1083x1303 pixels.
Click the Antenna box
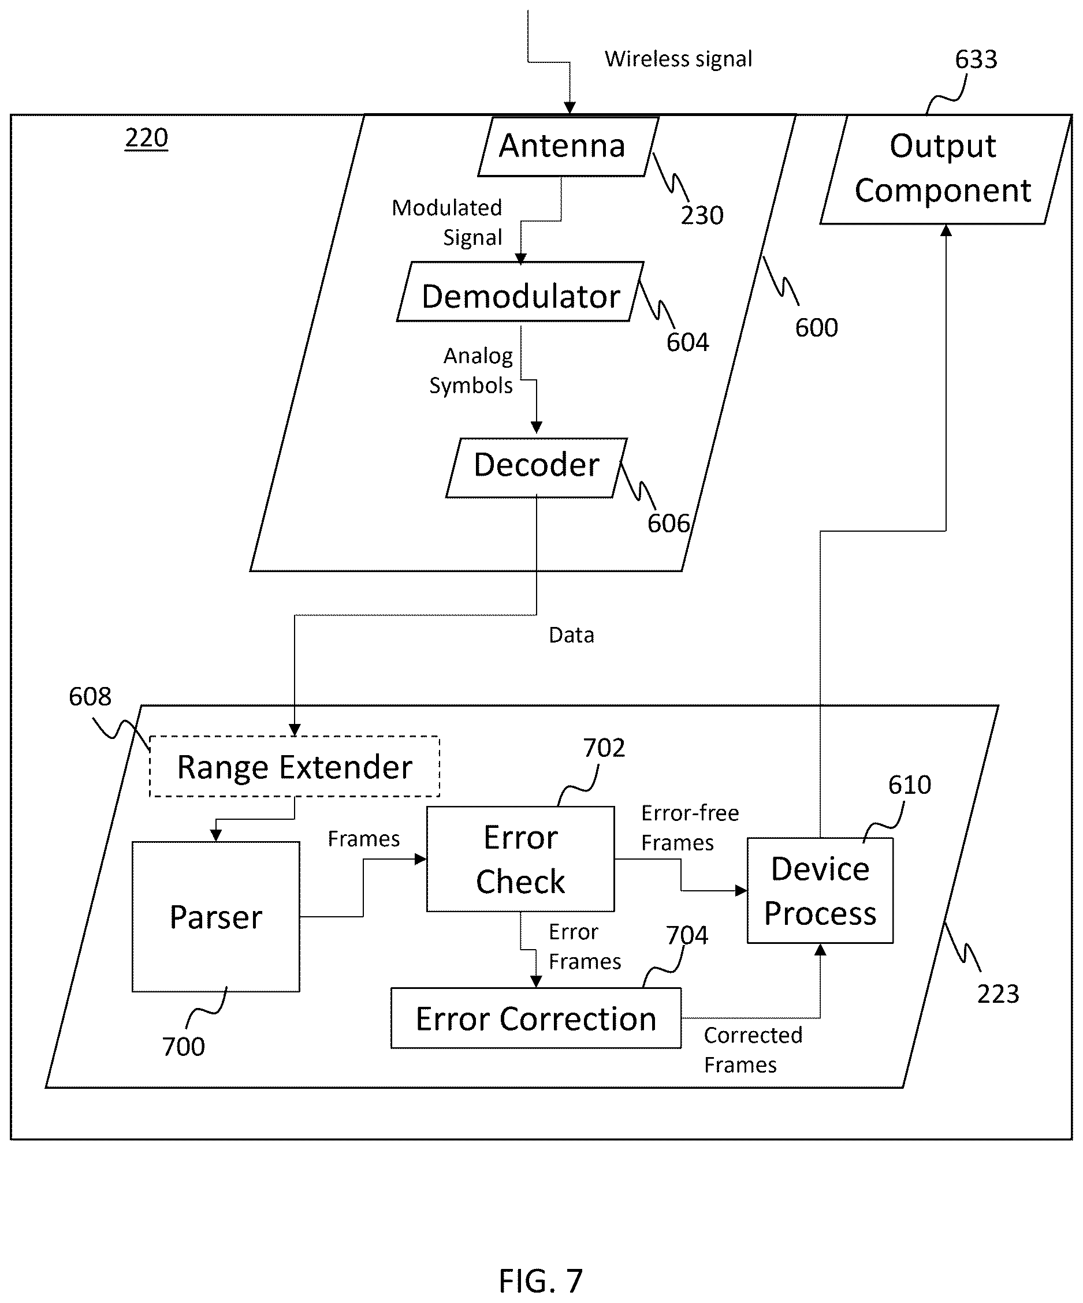coord(568,147)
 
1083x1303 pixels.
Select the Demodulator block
coord(520,292)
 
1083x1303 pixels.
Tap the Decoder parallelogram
coord(536,468)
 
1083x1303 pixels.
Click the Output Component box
coord(945,169)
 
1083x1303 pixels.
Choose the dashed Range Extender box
coord(294,766)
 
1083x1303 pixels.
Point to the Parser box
coord(215,916)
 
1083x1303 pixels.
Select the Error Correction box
coord(535,1018)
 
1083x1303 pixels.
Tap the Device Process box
coord(820,891)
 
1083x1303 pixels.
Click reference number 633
coord(976,59)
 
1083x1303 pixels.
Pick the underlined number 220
coord(147,138)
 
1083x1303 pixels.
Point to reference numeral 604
coord(688,342)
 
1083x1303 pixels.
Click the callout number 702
coord(604,748)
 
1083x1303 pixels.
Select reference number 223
coord(998,994)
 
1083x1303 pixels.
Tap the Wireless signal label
coord(678,59)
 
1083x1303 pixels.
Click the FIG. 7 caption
coord(541,1280)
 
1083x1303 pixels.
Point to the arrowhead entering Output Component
coord(946,230)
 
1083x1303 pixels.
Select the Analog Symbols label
coord(471,371)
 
